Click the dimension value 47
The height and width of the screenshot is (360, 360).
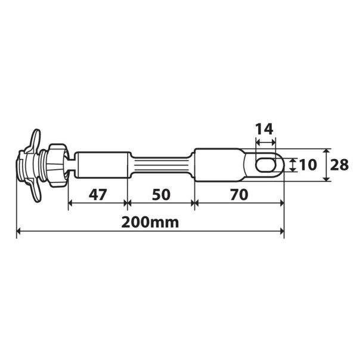click(x=98, y=194)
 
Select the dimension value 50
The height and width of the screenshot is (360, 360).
click(x=161, y=194)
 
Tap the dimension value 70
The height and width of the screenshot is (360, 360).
click(x=239, y=194)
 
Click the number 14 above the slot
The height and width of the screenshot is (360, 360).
click(x=265, y=129)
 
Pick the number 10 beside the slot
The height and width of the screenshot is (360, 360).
click(x=309, y=165)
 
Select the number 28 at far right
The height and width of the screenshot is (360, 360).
click(x=340, y=165)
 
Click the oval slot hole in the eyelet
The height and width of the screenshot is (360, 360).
click(x=265, y=165)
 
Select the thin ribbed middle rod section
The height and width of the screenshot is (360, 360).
click(x=161, y=165)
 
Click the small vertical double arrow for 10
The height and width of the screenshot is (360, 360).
click(x=293, y=165)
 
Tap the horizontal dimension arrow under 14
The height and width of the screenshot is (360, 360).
click(x=265, y=142)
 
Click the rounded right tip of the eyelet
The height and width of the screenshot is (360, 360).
click(x=282, y=165)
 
